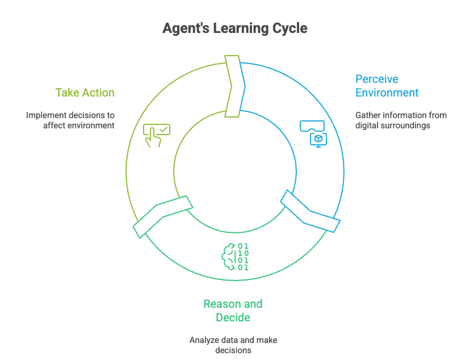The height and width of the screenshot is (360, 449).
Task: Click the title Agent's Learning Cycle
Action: (x=234, y=28)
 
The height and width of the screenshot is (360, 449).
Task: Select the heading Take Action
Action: (x=85, y=93)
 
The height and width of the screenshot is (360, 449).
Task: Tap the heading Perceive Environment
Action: (x=387, y=86)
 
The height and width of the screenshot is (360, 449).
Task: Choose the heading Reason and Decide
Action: (x=233, y=311)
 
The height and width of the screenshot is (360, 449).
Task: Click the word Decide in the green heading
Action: (x=233, y=317)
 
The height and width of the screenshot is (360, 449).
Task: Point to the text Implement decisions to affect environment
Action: (x=70, y=120)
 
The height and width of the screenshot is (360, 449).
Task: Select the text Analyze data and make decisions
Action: (x=233, y=345)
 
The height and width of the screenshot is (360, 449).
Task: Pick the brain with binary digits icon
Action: (x=234, y=256)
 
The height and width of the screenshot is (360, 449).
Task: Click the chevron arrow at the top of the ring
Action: (x=234, y=85)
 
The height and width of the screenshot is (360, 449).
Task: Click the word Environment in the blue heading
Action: (x=387, y=93)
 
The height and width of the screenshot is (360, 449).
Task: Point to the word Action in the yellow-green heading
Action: (x=98, y=93)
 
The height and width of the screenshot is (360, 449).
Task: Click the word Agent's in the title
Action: (x=186, y=28)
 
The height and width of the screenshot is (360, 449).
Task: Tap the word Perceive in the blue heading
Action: (x=377, y=79)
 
